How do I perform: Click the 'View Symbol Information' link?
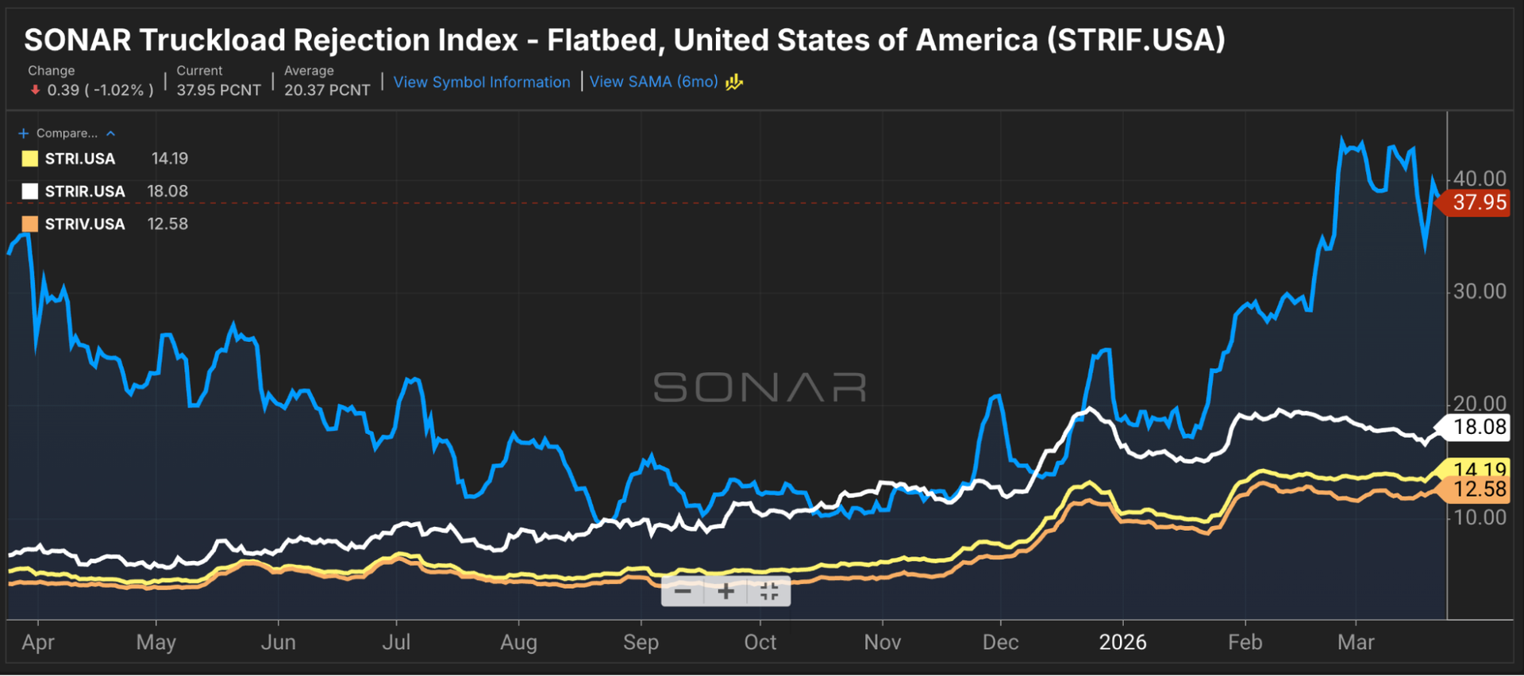click(481, 83)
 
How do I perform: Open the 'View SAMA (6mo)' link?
click(653, 83)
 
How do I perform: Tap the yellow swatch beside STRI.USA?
click(30, 159)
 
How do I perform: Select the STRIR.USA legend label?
click(84, 191)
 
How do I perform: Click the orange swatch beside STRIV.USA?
click(30, 224)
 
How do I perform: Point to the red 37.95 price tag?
click(1478, 203)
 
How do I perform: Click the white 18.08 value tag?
click(1479, 427)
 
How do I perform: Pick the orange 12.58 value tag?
click(1479, 490)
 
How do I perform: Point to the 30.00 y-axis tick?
click(1479, 292)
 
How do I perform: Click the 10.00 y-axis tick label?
click(1479, 517)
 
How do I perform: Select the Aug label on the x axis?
click(518, 642)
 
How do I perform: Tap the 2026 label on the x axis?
click(1122, 642)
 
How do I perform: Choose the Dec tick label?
click(1000, 642)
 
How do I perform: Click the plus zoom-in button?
click(725, 591)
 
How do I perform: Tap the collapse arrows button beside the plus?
click(769, 591)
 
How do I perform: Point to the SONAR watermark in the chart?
click(760, 388)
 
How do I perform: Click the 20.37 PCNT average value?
click(327, 90)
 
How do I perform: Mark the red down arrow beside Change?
click(35, 90)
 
